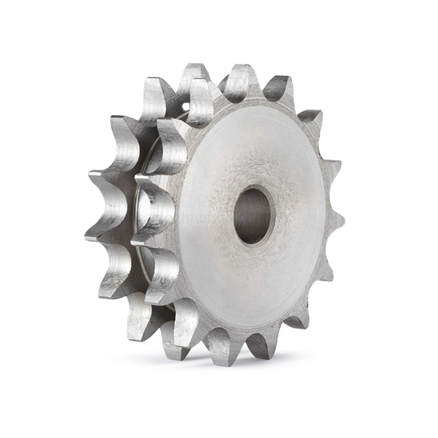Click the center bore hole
coord(254,215)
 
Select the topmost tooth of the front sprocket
coord(243,80)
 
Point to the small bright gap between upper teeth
coord(186,107)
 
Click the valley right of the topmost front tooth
coord(262,94)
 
